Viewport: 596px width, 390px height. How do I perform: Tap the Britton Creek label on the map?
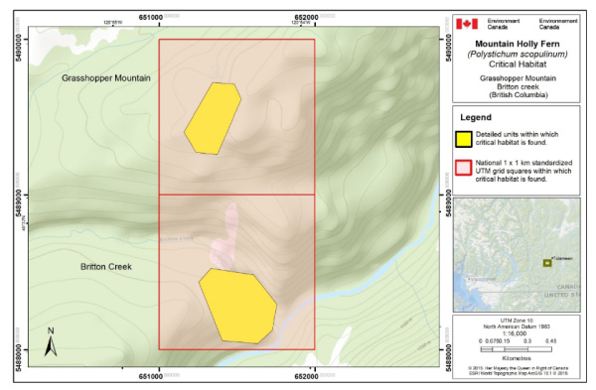click(x=107, y=267)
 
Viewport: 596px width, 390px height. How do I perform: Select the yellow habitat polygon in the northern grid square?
click(x=212, y=117)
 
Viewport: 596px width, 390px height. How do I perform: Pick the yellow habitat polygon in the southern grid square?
click(x=236, y=305)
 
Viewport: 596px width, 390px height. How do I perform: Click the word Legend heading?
click(x=477, y=118)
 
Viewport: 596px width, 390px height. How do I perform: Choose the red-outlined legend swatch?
click(x=464, y=168)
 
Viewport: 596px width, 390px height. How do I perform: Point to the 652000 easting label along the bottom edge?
click(x=314, y=376)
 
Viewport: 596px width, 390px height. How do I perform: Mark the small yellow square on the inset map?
click(x=546, y=262)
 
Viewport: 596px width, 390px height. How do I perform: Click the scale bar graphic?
click(x=513, y=348)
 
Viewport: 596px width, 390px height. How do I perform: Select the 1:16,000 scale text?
click(x=513, y=333)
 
